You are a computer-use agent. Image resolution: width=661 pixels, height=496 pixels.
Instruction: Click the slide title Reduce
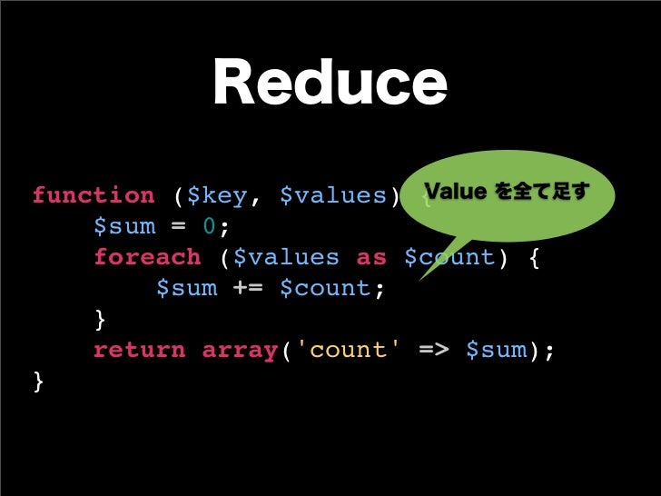pyautogui.click(x=330, y=84)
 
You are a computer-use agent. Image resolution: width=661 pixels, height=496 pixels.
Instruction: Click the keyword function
pyautogui.click(x=94, y=195)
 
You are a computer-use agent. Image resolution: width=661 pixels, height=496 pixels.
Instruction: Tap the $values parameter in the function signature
pyautogui.click(x=332, y=195)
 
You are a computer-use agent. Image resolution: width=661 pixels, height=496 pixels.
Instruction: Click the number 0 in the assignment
pyautogui.click(x=209, y=226)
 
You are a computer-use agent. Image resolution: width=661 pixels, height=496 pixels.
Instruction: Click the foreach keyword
pyautogui.click(x=147, y=257)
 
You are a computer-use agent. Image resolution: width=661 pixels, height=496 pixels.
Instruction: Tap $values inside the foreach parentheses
pyautogui.click(x=286, y=257)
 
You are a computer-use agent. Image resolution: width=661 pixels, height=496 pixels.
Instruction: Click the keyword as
pyautogui.click(x=370, y=257)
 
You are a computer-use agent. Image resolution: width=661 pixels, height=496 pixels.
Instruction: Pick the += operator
pyautogui.click(x=248, y=288)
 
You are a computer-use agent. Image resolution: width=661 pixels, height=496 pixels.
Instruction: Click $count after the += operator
pyautogui.click(x=325, y=288)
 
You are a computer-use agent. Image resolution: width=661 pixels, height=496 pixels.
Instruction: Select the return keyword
pyautogui.click(x=140, y=350)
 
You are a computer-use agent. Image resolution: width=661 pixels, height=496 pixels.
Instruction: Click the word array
pyautogui.click(x=240, y=350)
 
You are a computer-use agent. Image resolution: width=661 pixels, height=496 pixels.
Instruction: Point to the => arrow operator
pyautogui.click(x=432, y=350)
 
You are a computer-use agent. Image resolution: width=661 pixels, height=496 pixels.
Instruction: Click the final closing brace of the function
pyautogui.click(x=38, y=382)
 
